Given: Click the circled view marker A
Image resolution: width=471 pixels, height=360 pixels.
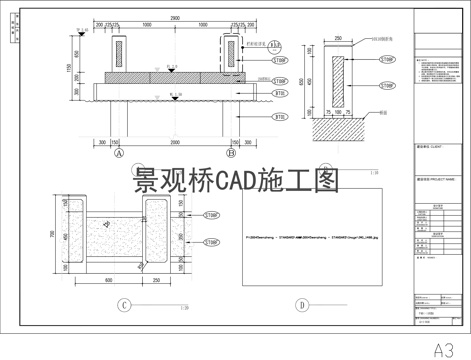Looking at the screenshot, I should (x=119, y=154).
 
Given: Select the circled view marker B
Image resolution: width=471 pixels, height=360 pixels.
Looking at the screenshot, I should (x=231, y=154).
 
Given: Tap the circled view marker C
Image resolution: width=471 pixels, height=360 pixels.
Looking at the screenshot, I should (x=122, y=305).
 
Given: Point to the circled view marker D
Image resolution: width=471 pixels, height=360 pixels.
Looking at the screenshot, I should (x=301, y=305).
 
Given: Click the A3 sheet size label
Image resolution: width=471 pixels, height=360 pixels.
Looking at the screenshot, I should (x=448, y=349).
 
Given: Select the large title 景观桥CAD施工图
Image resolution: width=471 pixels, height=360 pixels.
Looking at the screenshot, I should (x=236, y=181).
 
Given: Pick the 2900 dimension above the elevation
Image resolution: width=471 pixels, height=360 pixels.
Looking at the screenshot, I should (x=175, y=17).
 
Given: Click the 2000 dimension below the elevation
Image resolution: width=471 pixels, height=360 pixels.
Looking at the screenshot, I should (x=175, y=143).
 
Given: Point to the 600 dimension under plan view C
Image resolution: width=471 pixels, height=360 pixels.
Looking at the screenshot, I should (x=108, y=281).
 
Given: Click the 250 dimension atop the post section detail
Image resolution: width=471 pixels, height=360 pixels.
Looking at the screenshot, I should (x=337, y=38).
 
